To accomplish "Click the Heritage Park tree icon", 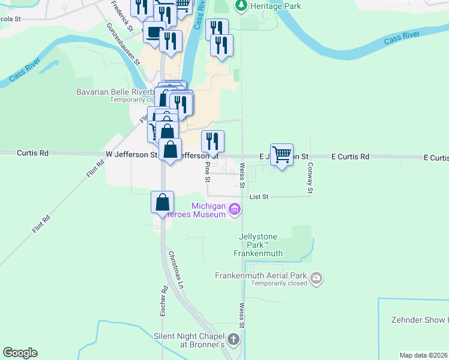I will (241, 5).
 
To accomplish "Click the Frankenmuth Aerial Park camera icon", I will (316, 278).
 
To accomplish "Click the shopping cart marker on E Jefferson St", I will (282, 155).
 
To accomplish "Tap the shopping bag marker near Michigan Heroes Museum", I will (163, 202).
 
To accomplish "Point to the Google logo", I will (20, 353).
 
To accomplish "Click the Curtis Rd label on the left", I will (32, 154).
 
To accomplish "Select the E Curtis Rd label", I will (350, 157).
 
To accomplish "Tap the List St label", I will (259, 196).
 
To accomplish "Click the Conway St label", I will (310, 178).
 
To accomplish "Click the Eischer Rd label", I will (164, 301).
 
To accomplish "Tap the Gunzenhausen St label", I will (123, 44).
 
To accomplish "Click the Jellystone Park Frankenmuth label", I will (258, 245).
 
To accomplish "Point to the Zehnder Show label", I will (419, 320).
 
